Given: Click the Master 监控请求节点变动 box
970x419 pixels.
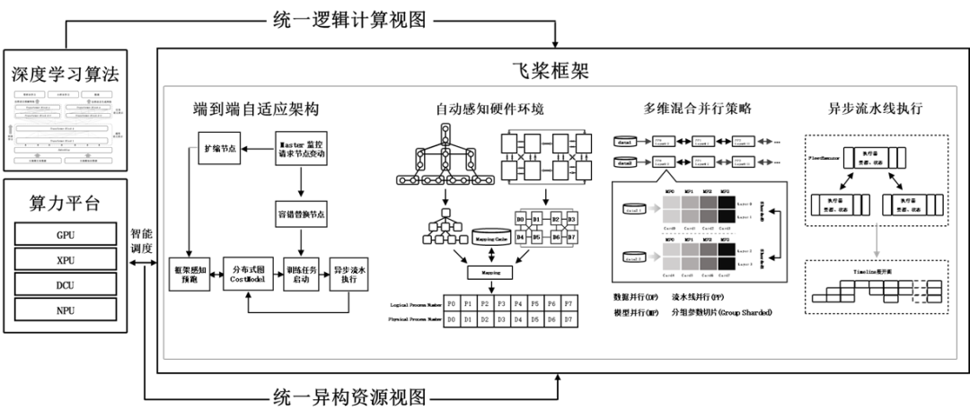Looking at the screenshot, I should pyautogui.click(x=303, y=147).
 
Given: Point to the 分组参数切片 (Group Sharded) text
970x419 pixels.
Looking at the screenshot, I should pyautogui.click(x=723, y=312).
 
